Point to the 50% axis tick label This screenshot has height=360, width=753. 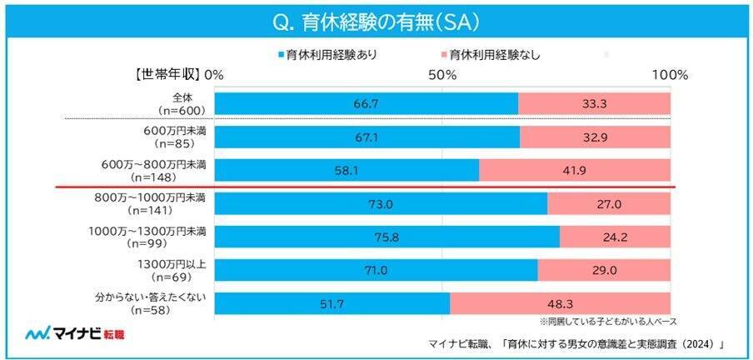(441, 75)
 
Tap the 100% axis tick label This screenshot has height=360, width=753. (669, 75)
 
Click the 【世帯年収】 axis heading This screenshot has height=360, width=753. (167, 75)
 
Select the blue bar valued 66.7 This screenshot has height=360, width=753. (367, 103)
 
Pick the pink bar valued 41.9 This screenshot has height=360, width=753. (575, 170)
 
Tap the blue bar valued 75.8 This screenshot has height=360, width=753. (387, 237)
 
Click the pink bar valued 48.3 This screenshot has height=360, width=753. (561, 302)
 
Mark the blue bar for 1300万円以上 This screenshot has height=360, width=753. (376, 270)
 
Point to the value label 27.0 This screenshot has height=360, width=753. (610, 203)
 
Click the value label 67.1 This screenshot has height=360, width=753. (367, 137)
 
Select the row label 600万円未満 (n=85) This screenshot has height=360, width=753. (175, 137)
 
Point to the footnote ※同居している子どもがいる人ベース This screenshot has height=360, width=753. (607, 321)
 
